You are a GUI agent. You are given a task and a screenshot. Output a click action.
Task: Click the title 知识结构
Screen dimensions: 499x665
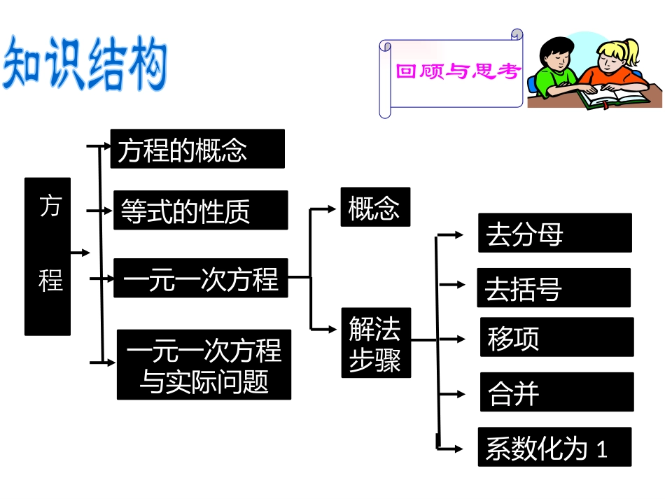click(86, 65)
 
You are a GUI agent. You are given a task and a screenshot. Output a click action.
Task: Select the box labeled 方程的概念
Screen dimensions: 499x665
click(197, 148)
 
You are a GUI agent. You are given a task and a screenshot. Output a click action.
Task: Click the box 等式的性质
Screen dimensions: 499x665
click(200, 210)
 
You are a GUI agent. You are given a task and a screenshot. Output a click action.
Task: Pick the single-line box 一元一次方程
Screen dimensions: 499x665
click(200, 278)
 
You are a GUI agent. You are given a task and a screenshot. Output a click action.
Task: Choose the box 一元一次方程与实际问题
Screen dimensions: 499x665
click(204, 365)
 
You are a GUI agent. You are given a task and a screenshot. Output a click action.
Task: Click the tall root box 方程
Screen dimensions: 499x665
click(48, 256)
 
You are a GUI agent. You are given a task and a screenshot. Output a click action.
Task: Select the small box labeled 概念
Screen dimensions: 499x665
click(375, 206)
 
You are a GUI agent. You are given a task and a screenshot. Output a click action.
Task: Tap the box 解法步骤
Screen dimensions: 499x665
click(376, 343)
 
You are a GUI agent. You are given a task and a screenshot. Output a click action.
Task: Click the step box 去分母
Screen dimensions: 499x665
click(554, 233)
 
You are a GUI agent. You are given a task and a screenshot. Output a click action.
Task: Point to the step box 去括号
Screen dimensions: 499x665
click(553, 288)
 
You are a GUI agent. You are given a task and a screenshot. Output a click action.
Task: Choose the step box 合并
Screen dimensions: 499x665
click(556, 392)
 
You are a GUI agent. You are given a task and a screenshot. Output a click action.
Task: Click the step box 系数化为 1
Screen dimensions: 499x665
click(554, 447)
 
